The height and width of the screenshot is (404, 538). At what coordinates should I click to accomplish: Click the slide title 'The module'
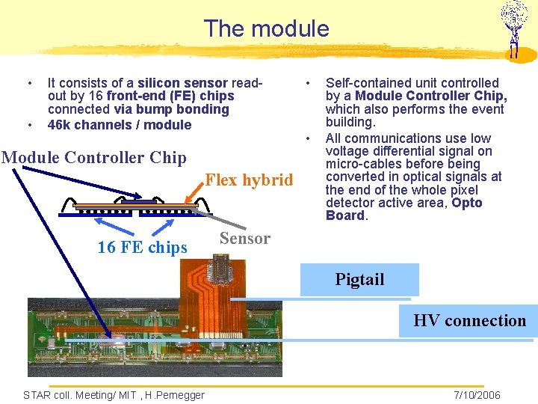(x=266, y=28)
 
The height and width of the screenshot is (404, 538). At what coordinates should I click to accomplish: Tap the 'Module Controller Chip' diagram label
(x=94, y=157)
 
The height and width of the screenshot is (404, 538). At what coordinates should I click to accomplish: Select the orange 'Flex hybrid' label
(x=249, y=180)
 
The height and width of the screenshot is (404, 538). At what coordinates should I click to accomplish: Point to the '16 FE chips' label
(x=142, y=248)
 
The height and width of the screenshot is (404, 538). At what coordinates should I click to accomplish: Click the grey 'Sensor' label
(x=244, y=239)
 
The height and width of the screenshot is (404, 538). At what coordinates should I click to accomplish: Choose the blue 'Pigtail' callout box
(x=359, y=280)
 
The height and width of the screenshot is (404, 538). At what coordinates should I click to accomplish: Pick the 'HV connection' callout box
(x=469, y=321)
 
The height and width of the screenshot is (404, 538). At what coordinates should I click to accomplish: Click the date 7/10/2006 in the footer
(x=477, y=395)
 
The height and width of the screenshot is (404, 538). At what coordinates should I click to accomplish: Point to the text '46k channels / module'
(x=120, y=125)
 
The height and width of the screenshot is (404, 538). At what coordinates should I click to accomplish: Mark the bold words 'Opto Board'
(x=404, y=209)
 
